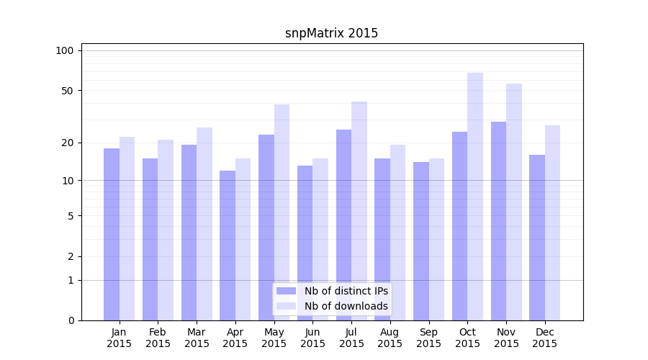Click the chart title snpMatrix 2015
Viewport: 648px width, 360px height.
[331, 33]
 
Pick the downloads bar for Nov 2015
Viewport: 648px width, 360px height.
[514, 202]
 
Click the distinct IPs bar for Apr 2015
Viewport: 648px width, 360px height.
[228, 245]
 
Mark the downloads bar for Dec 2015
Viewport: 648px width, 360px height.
[553, 222]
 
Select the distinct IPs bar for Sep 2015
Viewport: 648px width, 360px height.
[421, 241]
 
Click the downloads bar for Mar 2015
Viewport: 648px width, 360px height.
[204, 223]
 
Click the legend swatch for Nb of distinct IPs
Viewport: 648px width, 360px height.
[287, 291]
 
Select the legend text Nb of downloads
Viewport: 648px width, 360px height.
[346, 306]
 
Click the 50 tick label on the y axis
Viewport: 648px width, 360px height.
[67, 91]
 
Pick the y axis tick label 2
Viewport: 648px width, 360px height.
[71, 256]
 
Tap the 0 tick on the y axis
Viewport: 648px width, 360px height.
[71, 320]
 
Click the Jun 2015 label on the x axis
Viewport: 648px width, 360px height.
[312, 338]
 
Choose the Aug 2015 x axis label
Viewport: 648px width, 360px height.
[390, 338]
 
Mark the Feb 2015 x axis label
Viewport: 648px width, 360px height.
[158, 338]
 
